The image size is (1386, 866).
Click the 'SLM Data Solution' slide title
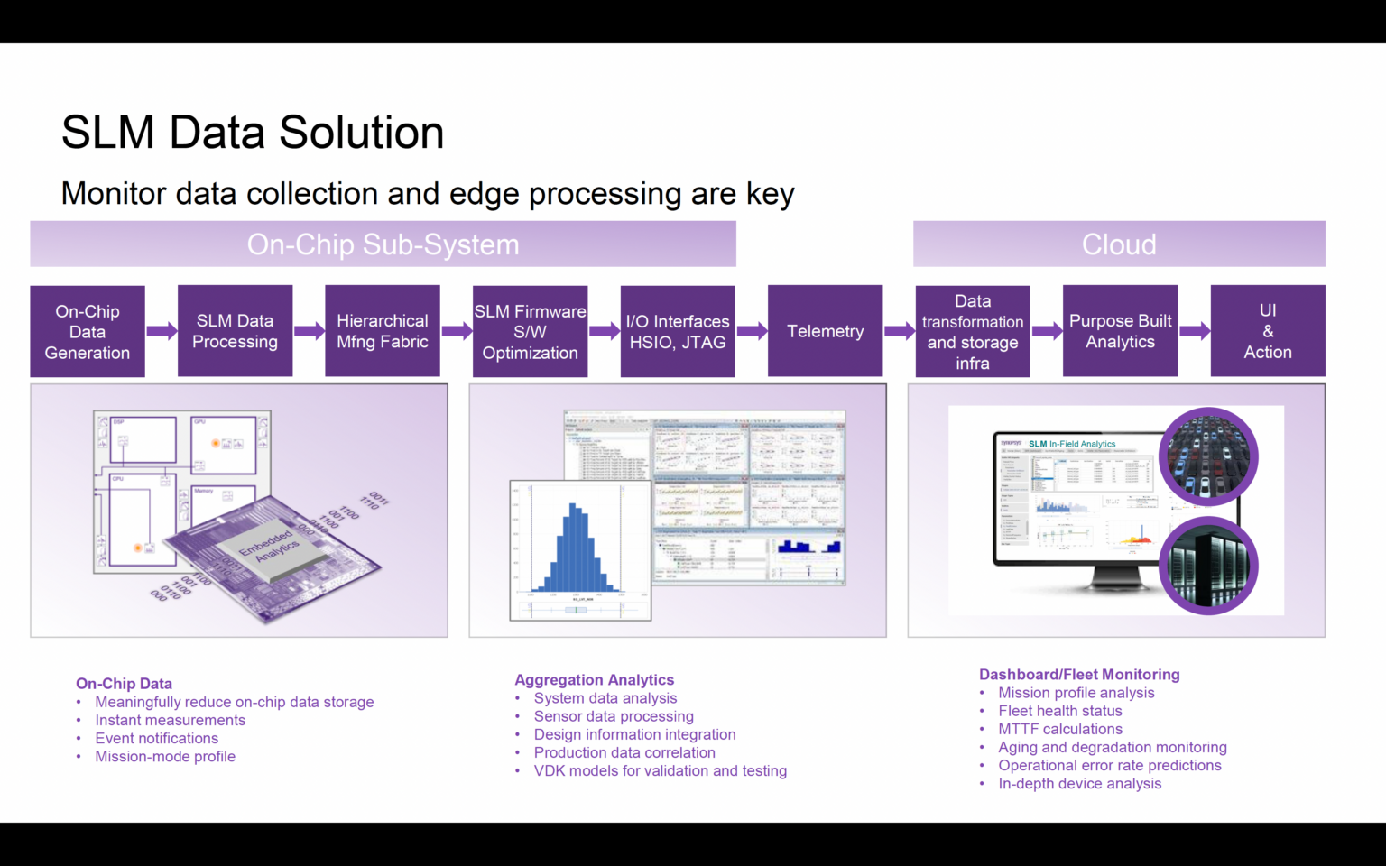253,133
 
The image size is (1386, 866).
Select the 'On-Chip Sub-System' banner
383,244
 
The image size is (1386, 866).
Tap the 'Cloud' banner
1119,244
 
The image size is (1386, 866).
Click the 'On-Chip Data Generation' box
88,332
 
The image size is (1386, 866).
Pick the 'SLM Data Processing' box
235,331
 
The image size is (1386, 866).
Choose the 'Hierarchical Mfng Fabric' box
383,331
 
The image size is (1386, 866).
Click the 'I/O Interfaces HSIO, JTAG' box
678,332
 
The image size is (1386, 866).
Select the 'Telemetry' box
825,331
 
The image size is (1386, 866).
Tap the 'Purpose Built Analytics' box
1120,331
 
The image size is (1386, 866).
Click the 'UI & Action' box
1268,331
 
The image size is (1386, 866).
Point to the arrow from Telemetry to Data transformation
899,331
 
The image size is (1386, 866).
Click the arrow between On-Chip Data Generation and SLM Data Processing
162,331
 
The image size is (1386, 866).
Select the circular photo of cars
1208,456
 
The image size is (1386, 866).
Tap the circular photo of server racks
1208,567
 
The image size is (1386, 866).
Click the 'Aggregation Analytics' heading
594,680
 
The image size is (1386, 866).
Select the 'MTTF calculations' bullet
1060,729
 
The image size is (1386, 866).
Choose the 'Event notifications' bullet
157,738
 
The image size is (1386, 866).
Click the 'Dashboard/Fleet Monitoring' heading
1079,675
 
